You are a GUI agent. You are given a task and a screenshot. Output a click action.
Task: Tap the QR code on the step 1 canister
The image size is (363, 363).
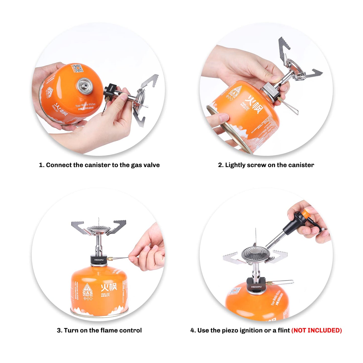pos(77,68)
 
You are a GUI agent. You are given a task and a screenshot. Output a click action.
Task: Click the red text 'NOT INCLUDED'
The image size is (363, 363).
pos(317,330)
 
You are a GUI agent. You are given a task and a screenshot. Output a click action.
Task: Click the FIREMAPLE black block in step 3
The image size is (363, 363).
pos(99,260)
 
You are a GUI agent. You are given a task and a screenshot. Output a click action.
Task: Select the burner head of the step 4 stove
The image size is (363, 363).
pos(255,254)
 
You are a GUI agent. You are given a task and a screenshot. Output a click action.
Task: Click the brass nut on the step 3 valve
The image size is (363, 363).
pos(110,258)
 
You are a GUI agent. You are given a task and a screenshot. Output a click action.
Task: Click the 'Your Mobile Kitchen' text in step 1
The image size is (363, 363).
pos(85,105)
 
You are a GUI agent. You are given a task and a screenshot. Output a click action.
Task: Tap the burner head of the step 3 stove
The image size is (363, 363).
pos(98,229)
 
